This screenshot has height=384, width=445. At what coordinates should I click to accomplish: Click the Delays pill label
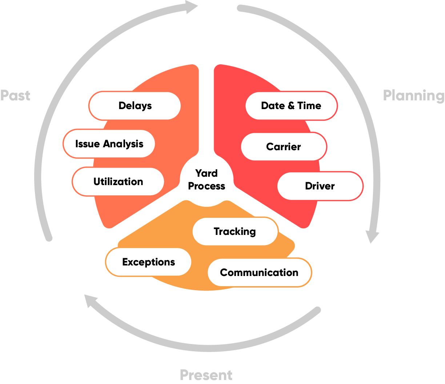click(135, 106)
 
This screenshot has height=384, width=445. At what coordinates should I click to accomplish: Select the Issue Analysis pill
click(109, 144)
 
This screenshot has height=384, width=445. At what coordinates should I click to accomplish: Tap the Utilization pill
click(118, 181)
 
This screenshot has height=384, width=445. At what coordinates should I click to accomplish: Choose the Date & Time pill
click(291, 106)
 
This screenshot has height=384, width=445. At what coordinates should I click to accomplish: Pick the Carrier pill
click(284, 147)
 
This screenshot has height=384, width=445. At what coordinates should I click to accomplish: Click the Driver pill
click(320, 186)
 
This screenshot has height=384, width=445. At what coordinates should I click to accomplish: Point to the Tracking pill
click(235, 231)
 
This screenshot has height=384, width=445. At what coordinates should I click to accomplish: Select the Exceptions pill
click(148, 262)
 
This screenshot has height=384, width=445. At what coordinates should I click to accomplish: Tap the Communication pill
click(259, 272)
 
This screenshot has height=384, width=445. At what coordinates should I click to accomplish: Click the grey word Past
click(15, 95)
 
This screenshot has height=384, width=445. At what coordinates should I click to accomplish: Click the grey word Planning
click(414, 95)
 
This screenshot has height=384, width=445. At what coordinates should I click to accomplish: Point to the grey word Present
click(206, 375)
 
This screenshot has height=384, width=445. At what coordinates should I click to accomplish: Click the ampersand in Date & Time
click(291, 106)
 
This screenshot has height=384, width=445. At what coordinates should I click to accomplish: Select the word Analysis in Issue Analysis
click(123, 144)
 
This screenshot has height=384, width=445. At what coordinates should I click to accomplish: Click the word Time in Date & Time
click(309, 106)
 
